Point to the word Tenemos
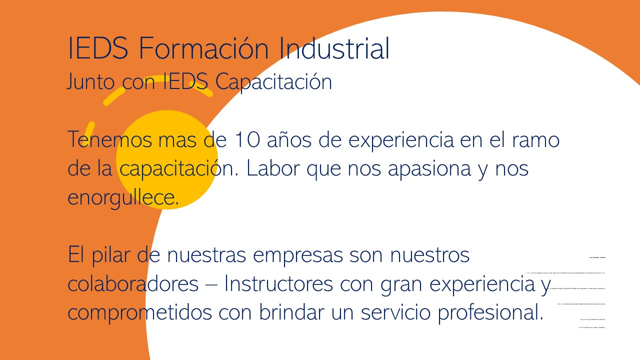(x=109, y=139)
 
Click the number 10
(x=246, y=139)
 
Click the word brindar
(x=291, y=312)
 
